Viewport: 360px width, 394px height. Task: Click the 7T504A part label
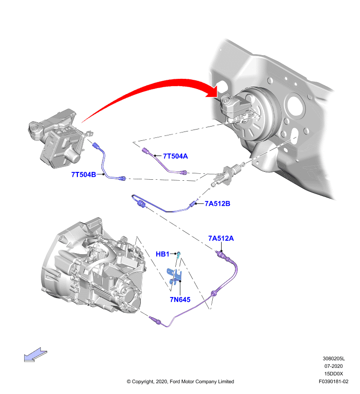coord(175,156)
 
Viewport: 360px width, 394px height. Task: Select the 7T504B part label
coord(84,174)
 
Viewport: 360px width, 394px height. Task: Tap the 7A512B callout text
coord(217,203)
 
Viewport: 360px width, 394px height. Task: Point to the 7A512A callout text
coord(221,238)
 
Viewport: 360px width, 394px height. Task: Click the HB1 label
coord(163,254)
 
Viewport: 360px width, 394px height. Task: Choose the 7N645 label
coord(180,299)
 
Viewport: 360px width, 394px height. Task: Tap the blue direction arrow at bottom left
coord(35,355)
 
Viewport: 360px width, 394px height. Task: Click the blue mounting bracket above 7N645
coord(174,276)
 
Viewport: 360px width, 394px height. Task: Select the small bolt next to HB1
coord(179,255)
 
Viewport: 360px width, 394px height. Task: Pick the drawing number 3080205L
coord(333,359)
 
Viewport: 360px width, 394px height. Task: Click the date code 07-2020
coord(333,366)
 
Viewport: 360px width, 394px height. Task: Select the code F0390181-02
coord(333,381)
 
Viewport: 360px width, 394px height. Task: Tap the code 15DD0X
coord(333,374)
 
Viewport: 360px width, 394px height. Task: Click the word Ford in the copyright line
coord(175,381)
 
